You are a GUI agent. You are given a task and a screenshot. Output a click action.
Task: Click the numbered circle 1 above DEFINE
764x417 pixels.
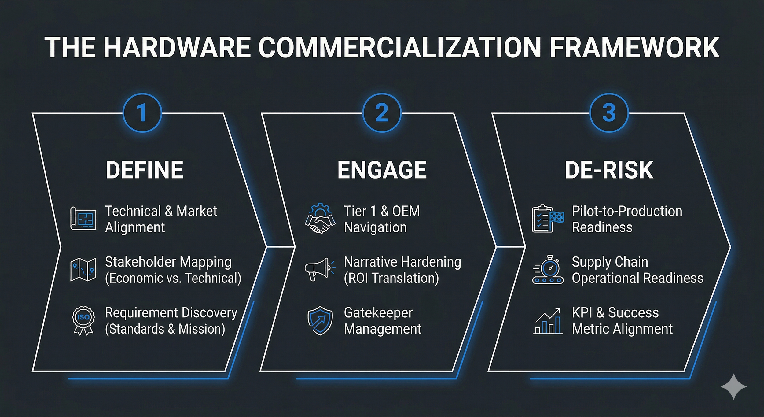142,113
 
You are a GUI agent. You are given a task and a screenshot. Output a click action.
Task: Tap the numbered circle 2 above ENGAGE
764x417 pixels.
382,113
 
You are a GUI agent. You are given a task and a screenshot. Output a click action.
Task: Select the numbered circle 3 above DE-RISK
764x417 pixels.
609,113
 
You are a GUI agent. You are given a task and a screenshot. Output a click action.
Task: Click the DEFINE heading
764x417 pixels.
144,170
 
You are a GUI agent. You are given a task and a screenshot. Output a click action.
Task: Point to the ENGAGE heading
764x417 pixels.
382,170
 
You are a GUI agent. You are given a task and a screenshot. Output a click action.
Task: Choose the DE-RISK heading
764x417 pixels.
609,170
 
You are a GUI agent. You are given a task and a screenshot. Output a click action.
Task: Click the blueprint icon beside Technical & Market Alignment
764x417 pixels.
83,219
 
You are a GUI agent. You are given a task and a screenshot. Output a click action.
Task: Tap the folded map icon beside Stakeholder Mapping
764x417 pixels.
83,269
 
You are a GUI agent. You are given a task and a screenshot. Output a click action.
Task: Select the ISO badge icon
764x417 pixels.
83,320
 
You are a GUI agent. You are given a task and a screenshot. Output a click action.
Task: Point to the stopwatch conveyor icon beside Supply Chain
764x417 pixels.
548,269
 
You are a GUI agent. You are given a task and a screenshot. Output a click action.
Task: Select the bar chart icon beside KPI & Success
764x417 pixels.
548,321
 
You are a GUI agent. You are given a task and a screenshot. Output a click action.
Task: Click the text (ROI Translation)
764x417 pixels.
391,278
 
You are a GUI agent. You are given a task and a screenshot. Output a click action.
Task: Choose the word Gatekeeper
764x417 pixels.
378,313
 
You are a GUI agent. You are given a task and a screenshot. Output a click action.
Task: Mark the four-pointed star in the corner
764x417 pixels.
733,386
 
